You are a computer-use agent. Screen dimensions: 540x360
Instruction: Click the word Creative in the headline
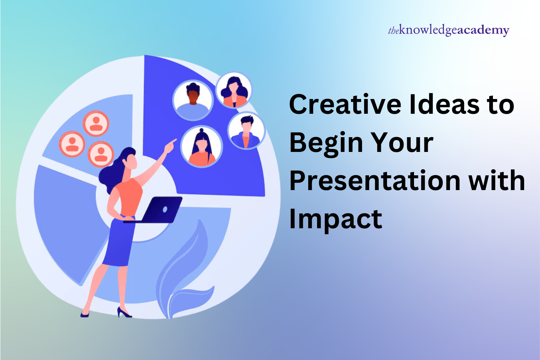pos(345,104)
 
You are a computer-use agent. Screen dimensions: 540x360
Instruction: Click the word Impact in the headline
pos(336,220)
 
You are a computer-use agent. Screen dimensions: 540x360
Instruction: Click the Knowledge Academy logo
pos(449,30)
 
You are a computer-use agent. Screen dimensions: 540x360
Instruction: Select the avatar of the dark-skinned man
pos(193,100)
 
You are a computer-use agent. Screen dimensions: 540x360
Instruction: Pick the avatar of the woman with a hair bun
pos(202,146)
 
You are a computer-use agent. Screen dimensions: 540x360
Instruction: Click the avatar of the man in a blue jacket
pos(246,130)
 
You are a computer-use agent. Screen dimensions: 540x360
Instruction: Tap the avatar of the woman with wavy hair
pos(234,90)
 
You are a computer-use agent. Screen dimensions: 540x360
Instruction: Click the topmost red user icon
pos(96,123)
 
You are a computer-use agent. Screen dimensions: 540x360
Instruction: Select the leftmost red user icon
pos(72,144)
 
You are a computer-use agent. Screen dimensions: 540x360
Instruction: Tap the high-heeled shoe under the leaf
pos(124,312)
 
